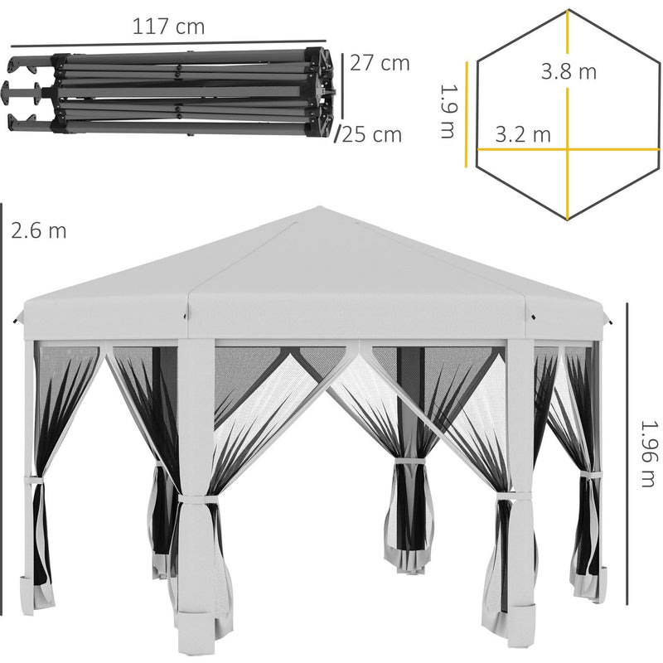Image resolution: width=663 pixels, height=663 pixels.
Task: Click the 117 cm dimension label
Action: (169, 27)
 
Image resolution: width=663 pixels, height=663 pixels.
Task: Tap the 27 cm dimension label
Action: (380, 64)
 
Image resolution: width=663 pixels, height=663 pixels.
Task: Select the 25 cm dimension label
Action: (371, 135)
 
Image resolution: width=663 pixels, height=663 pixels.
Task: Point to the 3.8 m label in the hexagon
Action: (569, 71)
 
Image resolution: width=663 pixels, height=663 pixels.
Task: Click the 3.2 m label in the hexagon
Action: (523, 134)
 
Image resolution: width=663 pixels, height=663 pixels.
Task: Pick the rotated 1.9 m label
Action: (448, 111)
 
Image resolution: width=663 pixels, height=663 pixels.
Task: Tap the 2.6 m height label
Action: (38, 231)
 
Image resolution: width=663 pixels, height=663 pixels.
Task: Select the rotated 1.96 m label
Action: (648, 453)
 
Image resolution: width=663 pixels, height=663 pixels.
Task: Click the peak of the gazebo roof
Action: (320, 207)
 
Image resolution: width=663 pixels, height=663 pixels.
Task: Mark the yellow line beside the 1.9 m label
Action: (467, 114)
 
